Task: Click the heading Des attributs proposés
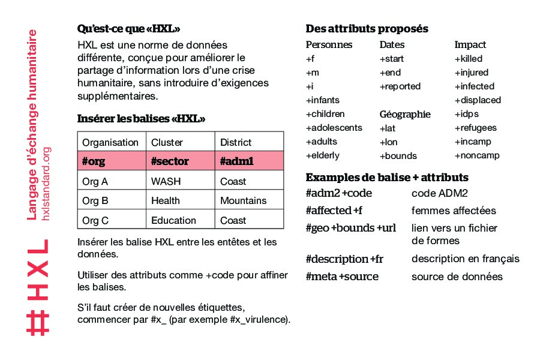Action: click(x=367, y=29)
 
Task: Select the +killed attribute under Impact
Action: click(x=468, y=59)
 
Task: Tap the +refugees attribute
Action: click(x=475, y=128)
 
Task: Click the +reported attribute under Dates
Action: click(x=400, y=86)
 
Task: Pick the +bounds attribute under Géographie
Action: click(x=398, y=156)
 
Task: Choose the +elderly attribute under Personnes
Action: click(x=322, y=155)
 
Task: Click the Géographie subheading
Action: click(x=405, y=114)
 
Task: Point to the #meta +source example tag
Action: click(x=342, y=277)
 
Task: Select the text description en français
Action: click(x=466, y=259)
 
